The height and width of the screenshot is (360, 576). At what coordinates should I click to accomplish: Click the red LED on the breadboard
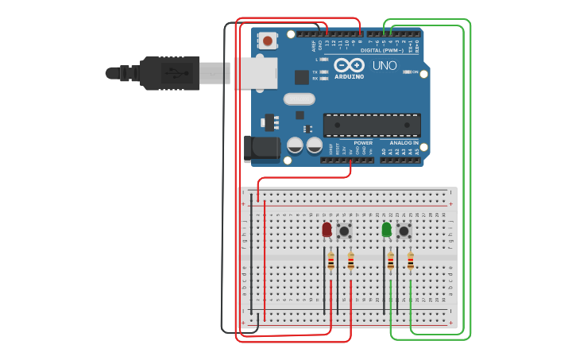coord(327,229)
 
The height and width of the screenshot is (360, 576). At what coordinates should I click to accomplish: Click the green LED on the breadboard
coord(387,229)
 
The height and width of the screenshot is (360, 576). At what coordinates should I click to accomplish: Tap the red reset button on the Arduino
coord(268,41)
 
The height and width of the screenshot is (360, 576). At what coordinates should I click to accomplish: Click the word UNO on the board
coord(385,65)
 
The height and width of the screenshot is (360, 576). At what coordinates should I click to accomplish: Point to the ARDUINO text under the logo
coord(349,77)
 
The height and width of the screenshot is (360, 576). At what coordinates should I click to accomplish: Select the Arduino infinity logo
coord(349,65)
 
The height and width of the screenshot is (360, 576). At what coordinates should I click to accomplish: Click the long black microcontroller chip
coord(371,125)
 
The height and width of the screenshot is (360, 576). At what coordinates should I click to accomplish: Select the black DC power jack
coord(262,147)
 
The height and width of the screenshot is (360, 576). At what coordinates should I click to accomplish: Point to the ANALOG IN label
coord(404,143)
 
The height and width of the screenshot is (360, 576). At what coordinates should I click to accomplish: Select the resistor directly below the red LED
coord(331,261)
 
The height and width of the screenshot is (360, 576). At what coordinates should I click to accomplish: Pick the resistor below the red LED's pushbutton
coord(350,261)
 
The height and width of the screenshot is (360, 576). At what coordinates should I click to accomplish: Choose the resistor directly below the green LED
coord(391,261)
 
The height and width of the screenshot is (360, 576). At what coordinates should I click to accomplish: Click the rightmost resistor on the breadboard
coord(411,261)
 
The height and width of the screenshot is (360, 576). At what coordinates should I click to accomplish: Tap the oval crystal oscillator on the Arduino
coord(299,99)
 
